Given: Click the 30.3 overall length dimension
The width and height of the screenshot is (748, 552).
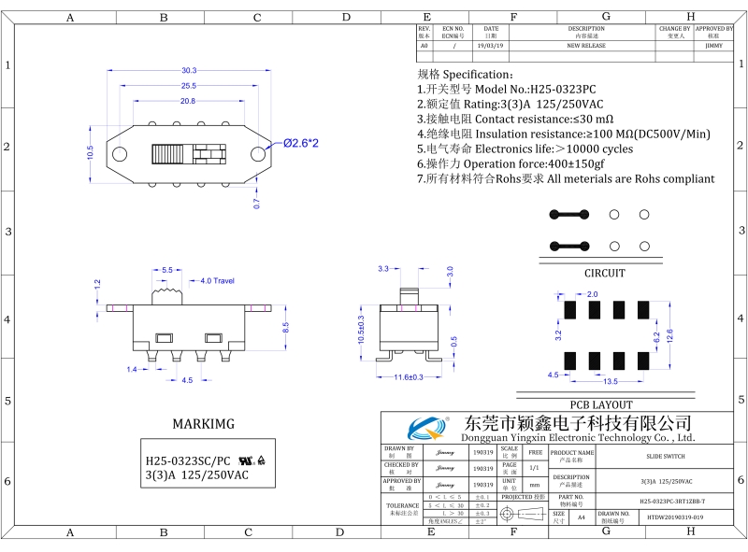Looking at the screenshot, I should pyautogui.click(x=189, y=71).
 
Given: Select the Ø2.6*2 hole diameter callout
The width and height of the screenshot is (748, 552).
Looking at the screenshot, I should pyautogui.click(x=301, y=143).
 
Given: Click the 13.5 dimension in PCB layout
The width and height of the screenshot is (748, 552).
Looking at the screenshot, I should pyautogui.click(x=610, y=382).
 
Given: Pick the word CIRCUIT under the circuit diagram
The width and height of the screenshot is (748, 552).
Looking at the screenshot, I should pyautogui.click(x=604, y=274).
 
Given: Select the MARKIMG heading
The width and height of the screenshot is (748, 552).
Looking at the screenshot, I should pyautogui.click(x=203, y=424).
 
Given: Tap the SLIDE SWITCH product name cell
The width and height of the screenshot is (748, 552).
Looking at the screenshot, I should pyautogui.click(x=665, y=457).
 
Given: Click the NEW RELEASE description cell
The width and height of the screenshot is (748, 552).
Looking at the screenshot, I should pyautogui.click(x=586, y=45).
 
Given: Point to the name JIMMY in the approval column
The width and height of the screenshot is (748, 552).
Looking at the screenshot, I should pyautogui.click(x=713, y=45).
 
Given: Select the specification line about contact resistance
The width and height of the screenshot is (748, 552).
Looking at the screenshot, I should pyautogui.click(x=514, y=120).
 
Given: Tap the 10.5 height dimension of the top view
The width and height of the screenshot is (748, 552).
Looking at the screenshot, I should pyautogui.click(x=91, y=150).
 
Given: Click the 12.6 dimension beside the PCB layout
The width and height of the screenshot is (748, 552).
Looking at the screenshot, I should pyautogui.click(x=669, y=334).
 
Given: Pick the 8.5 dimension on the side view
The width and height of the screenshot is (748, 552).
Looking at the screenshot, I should pyautogui.click(x=286, y=326).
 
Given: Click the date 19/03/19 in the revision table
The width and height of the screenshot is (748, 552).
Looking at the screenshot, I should pyautogui.click(x=490, y=45).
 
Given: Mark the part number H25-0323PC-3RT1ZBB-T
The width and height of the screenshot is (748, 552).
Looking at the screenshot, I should pyautogui.click(x=665, y=502).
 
